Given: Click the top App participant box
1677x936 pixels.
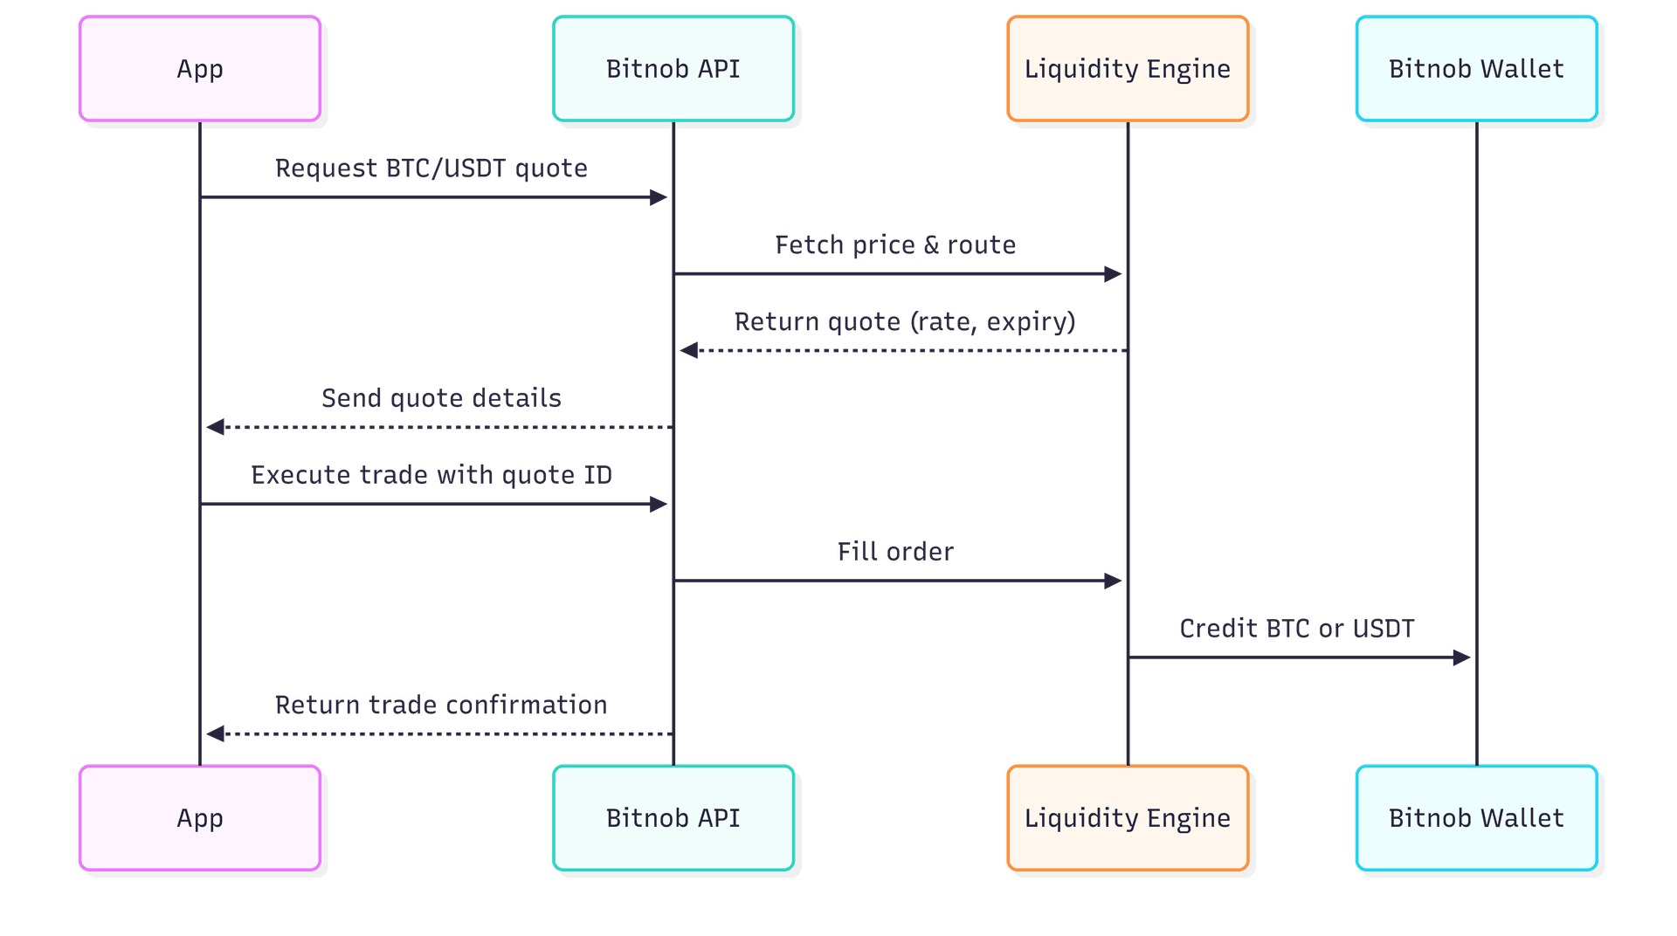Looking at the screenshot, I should tap(200, 69).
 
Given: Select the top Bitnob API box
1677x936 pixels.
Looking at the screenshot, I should tap(673, 69).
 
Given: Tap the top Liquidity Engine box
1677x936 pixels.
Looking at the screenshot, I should tap(1127, 69).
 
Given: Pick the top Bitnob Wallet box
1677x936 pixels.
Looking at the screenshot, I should tap(1476, 69).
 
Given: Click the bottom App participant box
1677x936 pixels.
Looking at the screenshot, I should tap(200, 818).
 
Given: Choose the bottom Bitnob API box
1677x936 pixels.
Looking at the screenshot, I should tap(673, 818).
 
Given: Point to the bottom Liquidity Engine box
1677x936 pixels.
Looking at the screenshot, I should tap(1127, 818).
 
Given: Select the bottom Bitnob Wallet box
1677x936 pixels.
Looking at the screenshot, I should tap(1476, 818).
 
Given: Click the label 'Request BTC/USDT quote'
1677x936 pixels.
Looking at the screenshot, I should tap(431, 169).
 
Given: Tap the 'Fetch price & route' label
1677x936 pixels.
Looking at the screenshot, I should tap(895, 245).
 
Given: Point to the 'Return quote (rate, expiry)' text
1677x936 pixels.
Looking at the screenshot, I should tap(905, 322).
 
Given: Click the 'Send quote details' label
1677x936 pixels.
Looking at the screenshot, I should tap(441, 398).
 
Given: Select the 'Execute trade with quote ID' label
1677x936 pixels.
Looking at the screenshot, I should tap(431, 475).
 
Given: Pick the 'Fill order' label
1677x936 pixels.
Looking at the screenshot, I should tap(895, 552).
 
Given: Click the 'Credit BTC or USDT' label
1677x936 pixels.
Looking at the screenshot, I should tap(1297, 629).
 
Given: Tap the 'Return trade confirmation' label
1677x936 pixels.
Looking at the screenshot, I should tap(441, 705).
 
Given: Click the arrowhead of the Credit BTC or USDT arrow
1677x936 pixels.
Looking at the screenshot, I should tap(1461, 657).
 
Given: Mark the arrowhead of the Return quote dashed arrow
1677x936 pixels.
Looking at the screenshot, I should tap(689, 351).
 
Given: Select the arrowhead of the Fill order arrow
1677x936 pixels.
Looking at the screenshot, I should tap(1113, 581).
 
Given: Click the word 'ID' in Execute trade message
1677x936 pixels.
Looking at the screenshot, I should tap(598, 475).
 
